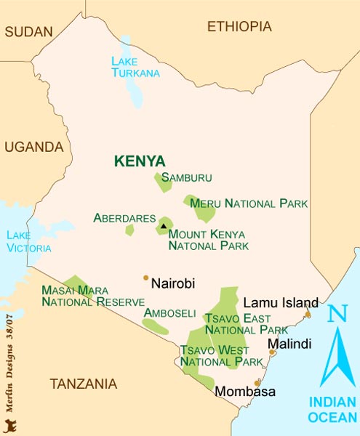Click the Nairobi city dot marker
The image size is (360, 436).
[145, 278]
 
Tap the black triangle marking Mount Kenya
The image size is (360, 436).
[164, 226]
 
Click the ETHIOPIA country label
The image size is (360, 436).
[239, 27]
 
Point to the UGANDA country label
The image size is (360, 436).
[34, 147]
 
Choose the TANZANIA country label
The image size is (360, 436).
[84, 383]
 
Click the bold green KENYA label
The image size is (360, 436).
[140, 161]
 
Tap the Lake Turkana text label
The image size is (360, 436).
[135, 67]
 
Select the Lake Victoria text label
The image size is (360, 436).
[28, 242]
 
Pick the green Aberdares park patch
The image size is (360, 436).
[129, 230]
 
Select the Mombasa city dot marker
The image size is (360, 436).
[257, 381]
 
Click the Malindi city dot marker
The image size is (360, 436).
[273, 352]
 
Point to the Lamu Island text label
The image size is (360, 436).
[281, 302]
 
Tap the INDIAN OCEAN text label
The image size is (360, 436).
[332, 409]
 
